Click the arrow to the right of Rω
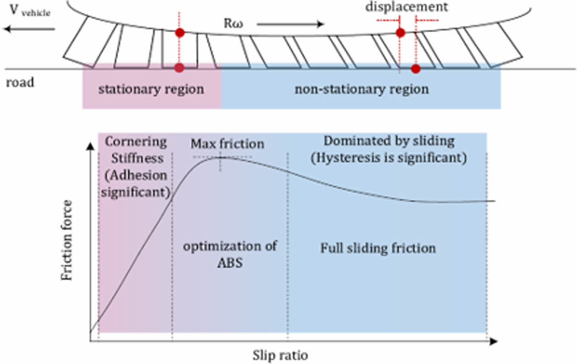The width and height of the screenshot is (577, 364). [289, 24]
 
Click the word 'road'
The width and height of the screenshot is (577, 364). [20, 84]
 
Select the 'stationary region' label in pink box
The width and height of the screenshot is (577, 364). [151, 89]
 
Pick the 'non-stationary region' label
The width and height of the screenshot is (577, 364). [362, 89]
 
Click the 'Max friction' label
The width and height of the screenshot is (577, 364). [227, 144]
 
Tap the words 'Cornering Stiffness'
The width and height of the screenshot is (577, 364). [136, 150]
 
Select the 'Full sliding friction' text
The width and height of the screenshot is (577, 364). [378, 248]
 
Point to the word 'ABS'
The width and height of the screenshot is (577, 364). [230, 264]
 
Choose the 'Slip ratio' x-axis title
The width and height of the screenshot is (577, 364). [280, 355]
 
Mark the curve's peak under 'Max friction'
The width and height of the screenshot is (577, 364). [220, 157]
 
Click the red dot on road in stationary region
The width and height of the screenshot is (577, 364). [180, 68]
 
